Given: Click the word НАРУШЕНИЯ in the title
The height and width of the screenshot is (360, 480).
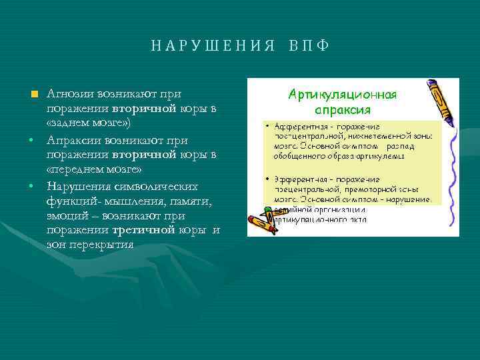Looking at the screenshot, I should pyautogui.click(x=213, y=46).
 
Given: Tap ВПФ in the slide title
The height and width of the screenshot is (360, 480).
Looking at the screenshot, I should pyautogui.click(x=309, y=46).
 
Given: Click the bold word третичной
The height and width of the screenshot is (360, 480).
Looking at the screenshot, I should pyautogui.click(x=143, y=231).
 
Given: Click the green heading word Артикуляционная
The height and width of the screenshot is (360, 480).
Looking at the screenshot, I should pyautogui.click(x=342, y=95).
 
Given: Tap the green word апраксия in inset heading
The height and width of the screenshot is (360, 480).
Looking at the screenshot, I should pyautogui.click(x=343, y=109).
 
